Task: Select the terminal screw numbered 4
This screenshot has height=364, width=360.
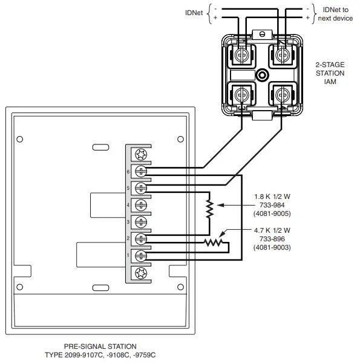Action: coord(140,204)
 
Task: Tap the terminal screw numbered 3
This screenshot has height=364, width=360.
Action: coord(140,221)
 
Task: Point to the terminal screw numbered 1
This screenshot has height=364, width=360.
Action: coord(140,255)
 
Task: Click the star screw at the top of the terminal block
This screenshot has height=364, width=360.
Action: coord(140,154)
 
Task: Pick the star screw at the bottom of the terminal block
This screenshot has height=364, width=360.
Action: coord(140,272)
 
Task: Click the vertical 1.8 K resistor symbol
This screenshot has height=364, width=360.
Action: coord(209,207)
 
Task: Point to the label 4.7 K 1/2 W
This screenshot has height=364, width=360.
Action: coord(271,230)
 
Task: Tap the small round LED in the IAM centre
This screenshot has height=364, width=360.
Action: coord(261,75)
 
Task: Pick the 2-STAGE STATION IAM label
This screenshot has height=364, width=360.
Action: coord(330,73)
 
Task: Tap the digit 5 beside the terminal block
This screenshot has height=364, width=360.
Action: coord(128,188)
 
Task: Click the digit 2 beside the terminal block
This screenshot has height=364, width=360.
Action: coord(128,239)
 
